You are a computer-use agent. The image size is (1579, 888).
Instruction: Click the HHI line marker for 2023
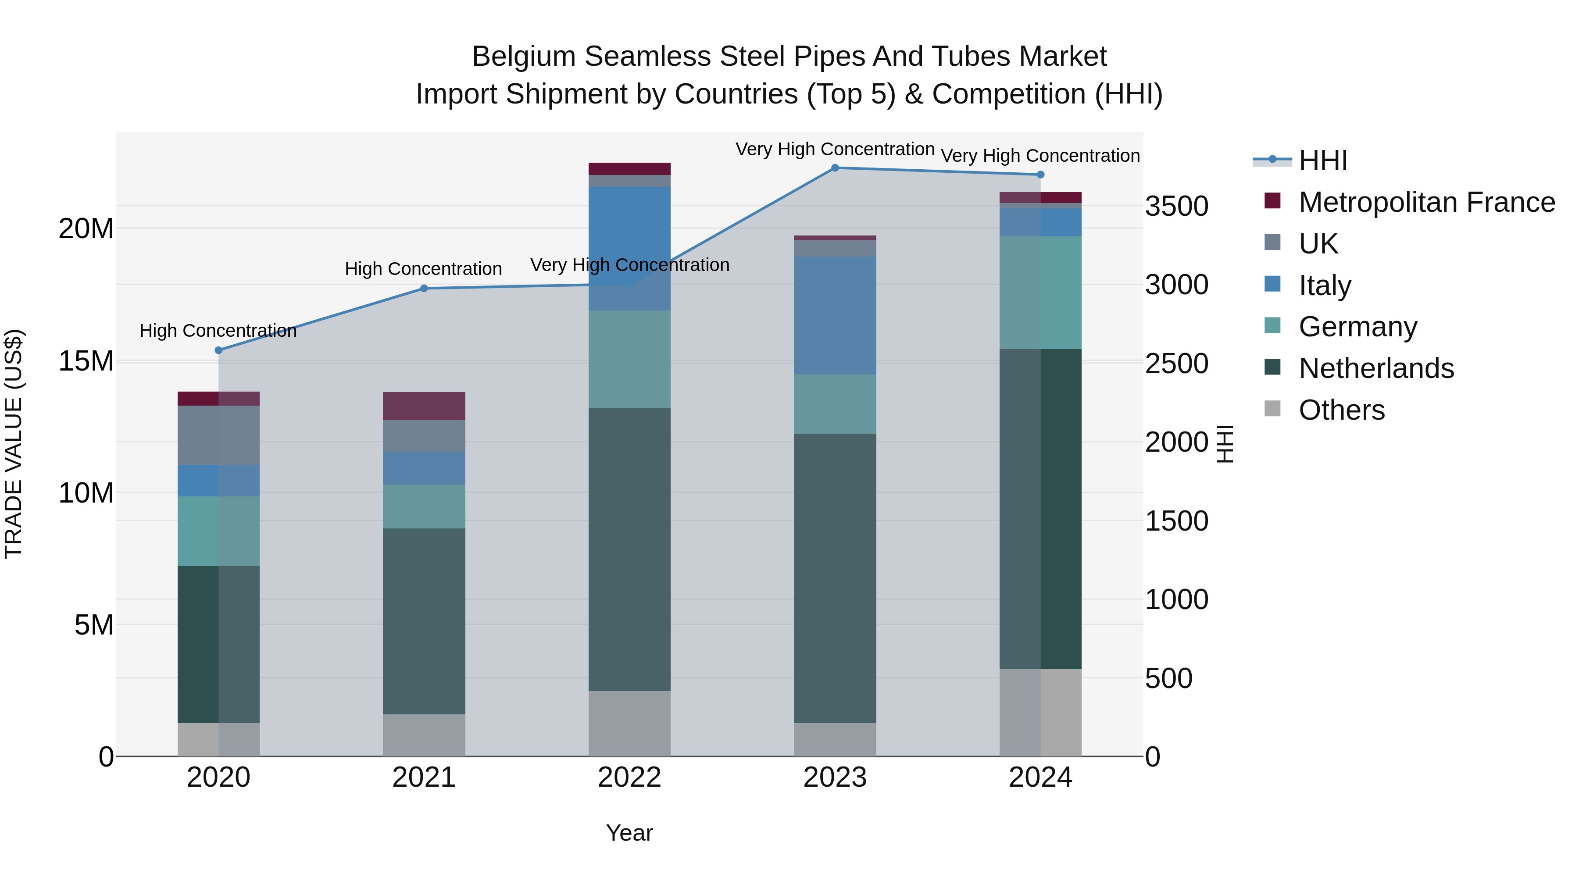(835, 168)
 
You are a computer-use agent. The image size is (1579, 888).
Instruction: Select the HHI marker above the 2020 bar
(218, 350)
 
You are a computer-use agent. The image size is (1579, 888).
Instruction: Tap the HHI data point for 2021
(424, 289)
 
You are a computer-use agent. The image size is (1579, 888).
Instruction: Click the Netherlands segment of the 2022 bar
(629, 550)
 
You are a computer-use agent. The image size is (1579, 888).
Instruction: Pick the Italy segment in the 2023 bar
(835, 316)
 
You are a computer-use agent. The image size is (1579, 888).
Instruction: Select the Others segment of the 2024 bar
(1040, 713)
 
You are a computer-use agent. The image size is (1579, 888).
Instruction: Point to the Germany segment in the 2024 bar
(1040, 293)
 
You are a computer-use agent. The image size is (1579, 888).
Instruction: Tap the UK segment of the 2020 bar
(218, 435)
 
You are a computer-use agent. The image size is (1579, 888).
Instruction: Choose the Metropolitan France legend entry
(1426, 202)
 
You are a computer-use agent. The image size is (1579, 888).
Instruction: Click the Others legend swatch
(1272, 409)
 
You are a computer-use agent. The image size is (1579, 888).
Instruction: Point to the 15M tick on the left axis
(86, 361)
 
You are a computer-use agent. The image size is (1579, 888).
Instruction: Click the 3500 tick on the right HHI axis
(1176, 207)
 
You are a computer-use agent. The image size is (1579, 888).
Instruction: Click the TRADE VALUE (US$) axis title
(14, 444)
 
